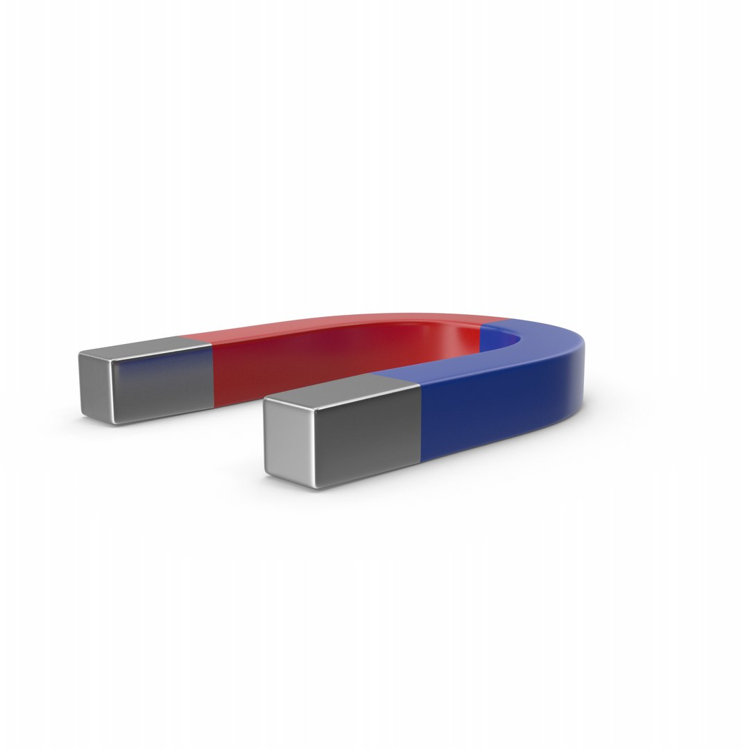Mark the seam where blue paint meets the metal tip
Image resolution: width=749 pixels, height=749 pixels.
pos(421,423)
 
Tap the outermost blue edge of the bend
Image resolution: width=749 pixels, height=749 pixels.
pos(587,388)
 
